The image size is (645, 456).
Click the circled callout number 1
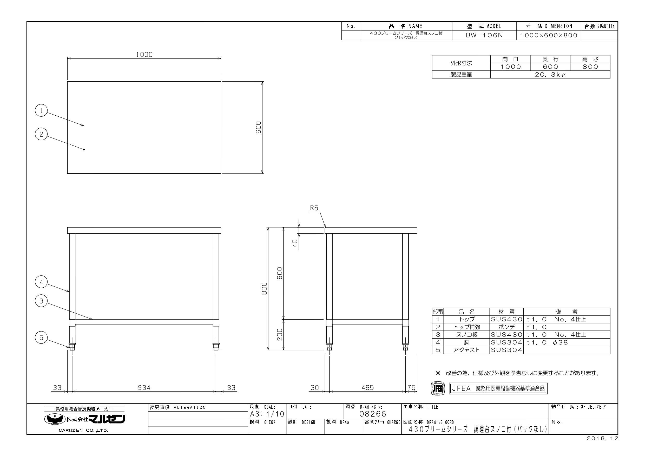click(x=41, y=111)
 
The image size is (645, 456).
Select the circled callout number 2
click(x=41, y=134)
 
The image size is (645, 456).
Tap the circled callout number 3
click(x=41, y=301)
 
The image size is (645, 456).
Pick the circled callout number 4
click(x=41, y=282)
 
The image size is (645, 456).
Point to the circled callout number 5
click(x=41, y=338)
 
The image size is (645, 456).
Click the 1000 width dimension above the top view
click(x=144, y=55)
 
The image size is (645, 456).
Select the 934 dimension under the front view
click(x=144, y=388)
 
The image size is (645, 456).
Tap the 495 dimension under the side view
click(x=368, y=388)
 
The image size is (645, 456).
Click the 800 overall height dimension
click(x=264, y=289)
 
